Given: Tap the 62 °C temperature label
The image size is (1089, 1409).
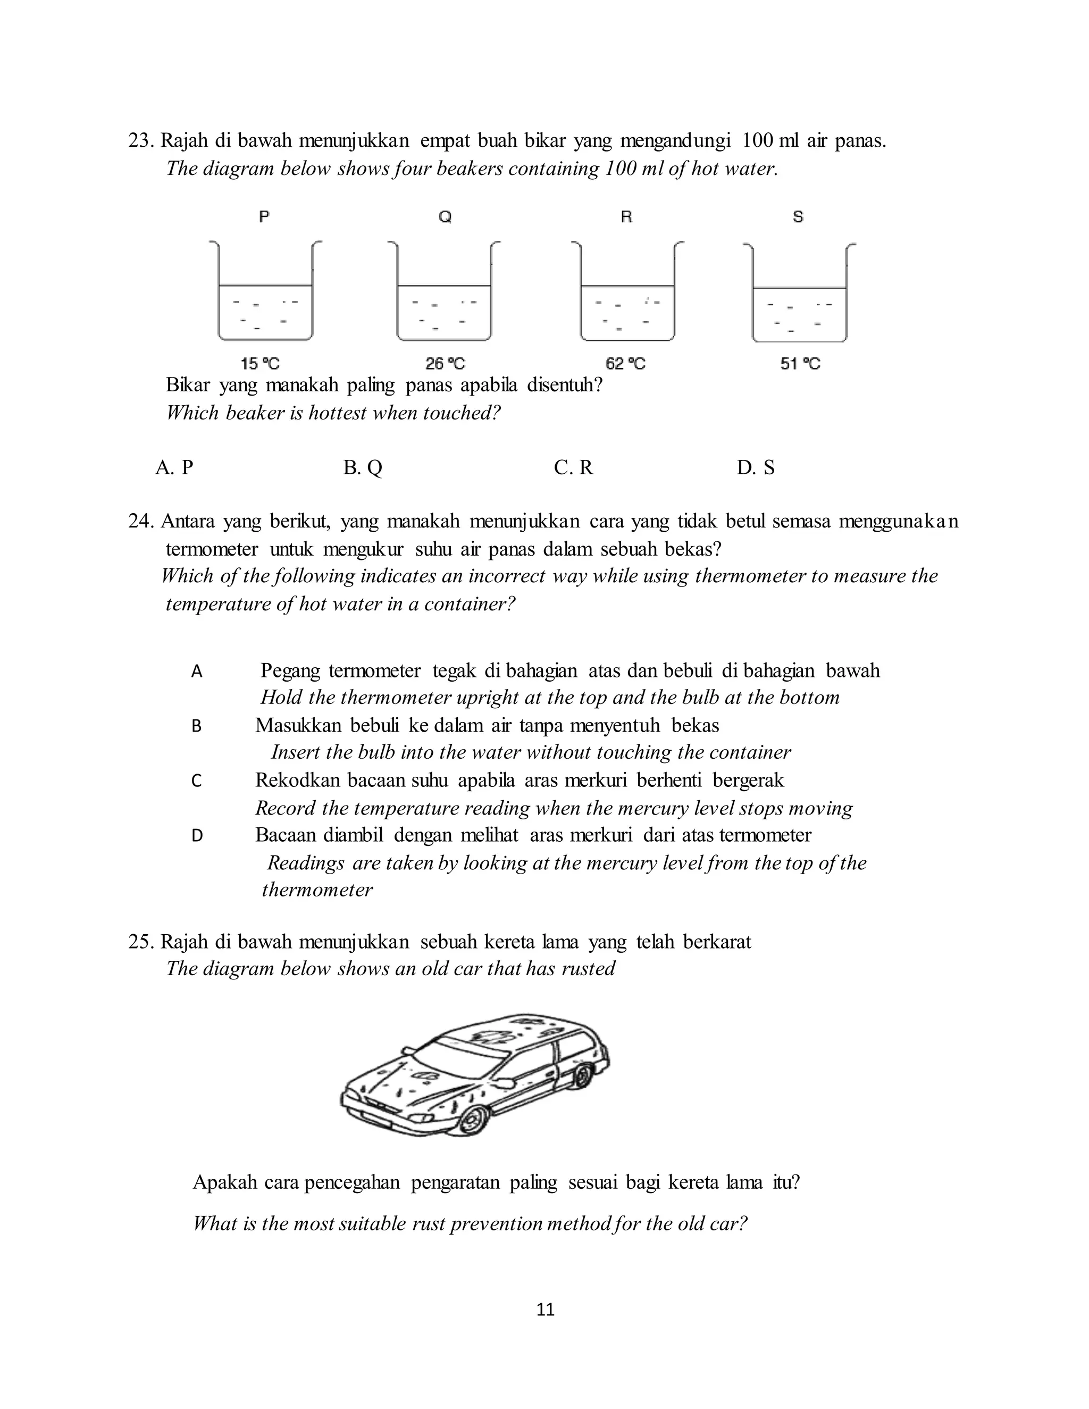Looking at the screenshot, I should pos(625,364).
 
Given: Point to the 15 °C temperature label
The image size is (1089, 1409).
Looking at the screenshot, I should pos(260,364).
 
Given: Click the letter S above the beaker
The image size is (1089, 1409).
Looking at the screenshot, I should pos(798,217).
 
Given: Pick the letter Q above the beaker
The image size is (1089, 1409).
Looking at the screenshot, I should pos(445,217).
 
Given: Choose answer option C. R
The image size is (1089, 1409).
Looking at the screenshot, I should pos(573,467).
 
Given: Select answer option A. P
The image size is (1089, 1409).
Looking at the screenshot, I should pos(174,467).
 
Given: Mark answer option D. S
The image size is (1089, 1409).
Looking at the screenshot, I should pos(756,467).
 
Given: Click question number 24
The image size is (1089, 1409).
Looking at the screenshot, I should pos(140,521).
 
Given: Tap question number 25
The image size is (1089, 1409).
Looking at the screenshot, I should pos(140,942).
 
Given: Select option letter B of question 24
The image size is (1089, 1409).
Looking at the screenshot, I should pos(197,726).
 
